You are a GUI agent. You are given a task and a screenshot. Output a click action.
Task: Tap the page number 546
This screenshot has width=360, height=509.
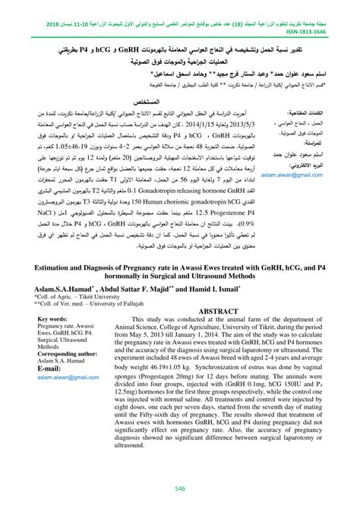tap(180, 487)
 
